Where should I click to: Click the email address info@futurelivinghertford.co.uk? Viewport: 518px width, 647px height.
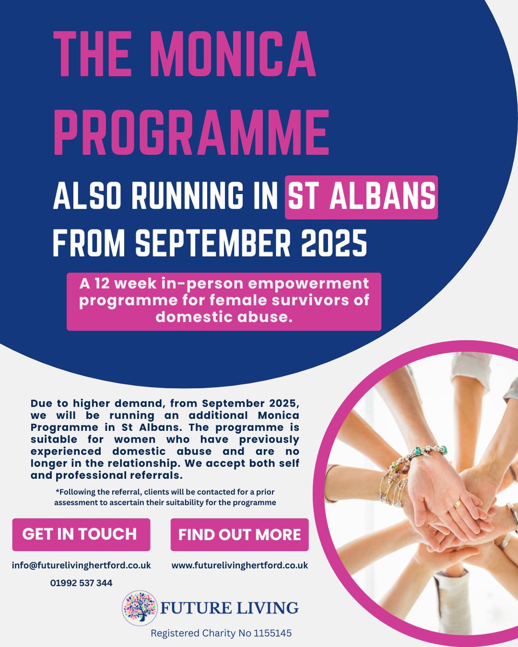(81, 566)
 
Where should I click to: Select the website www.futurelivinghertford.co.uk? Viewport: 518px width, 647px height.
(240, 566)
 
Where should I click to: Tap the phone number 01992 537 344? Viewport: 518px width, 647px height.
(81, 582)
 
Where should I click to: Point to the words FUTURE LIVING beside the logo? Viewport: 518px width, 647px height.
(229, 608)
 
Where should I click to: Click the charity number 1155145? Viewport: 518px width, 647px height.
(273, 633)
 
